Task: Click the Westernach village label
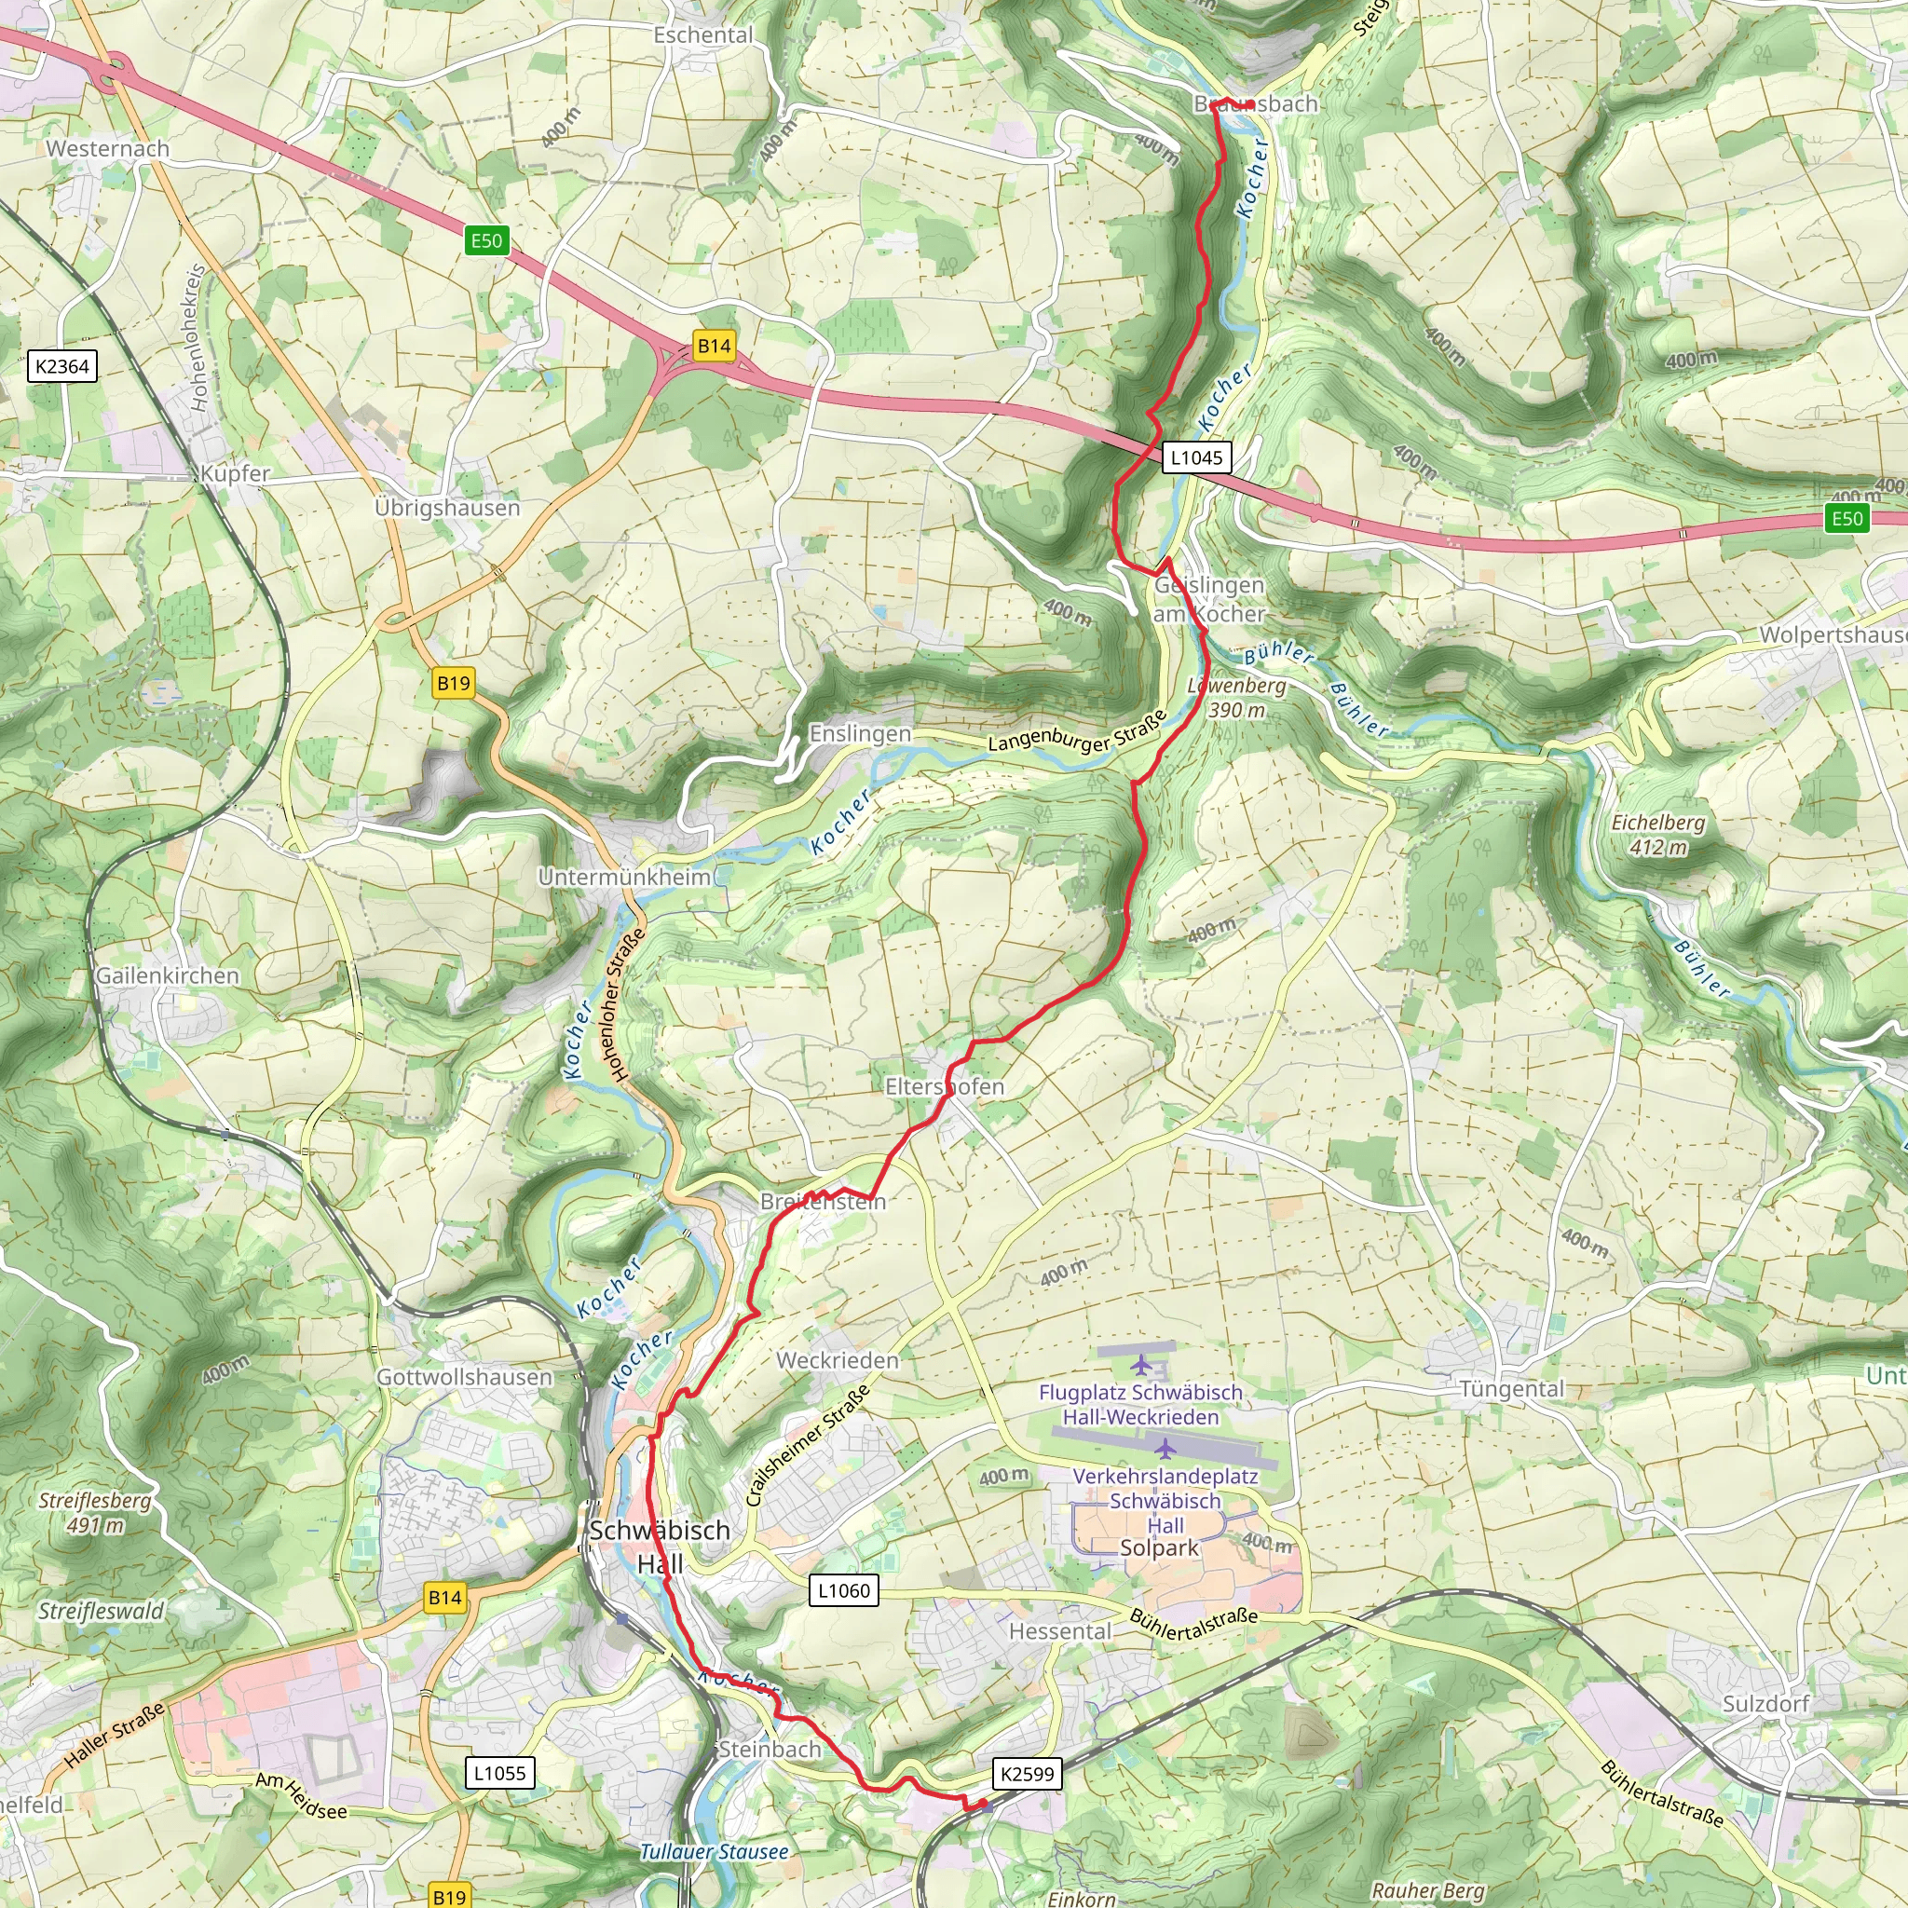(108, 149)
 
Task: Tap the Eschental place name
(703, 35)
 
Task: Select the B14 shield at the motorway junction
(714, 346)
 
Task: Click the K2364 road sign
(62, 366)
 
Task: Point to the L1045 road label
(1196, 457)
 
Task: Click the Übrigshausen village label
(447, 508)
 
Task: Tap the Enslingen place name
(860, 734)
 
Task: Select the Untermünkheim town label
(624, 877)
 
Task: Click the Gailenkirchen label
(168, 975)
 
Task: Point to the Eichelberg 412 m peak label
(1658, 835)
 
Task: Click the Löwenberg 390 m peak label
(1237, 697)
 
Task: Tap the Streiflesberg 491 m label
(96, 1512)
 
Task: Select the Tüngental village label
(1512, 1388)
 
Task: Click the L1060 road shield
(843, 1590)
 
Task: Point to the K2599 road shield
(1027, 1774)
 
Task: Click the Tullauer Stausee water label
(714, 1852)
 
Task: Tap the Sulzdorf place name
(1765, 1704)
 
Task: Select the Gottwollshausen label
(465, 1377)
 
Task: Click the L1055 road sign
(499, 1773)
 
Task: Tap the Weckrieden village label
(838, 1361)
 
